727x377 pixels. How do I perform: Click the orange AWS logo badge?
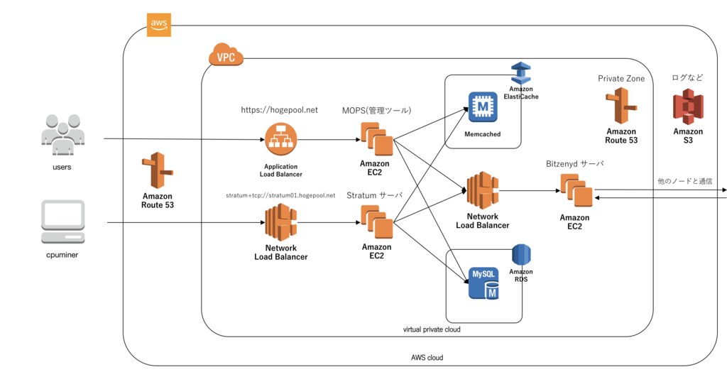158,23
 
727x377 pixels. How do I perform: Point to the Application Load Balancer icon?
280,139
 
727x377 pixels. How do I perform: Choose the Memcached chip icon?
483,106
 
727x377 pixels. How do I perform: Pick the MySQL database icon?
483,283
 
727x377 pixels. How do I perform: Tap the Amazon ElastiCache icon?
522,72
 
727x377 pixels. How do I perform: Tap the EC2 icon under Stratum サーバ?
376,222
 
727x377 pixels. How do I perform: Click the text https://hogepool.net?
279,110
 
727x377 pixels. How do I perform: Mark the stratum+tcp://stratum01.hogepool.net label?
280,195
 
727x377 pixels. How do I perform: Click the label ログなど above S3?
687,78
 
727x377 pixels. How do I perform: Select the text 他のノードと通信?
684,182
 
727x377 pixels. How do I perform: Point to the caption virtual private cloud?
432,330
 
